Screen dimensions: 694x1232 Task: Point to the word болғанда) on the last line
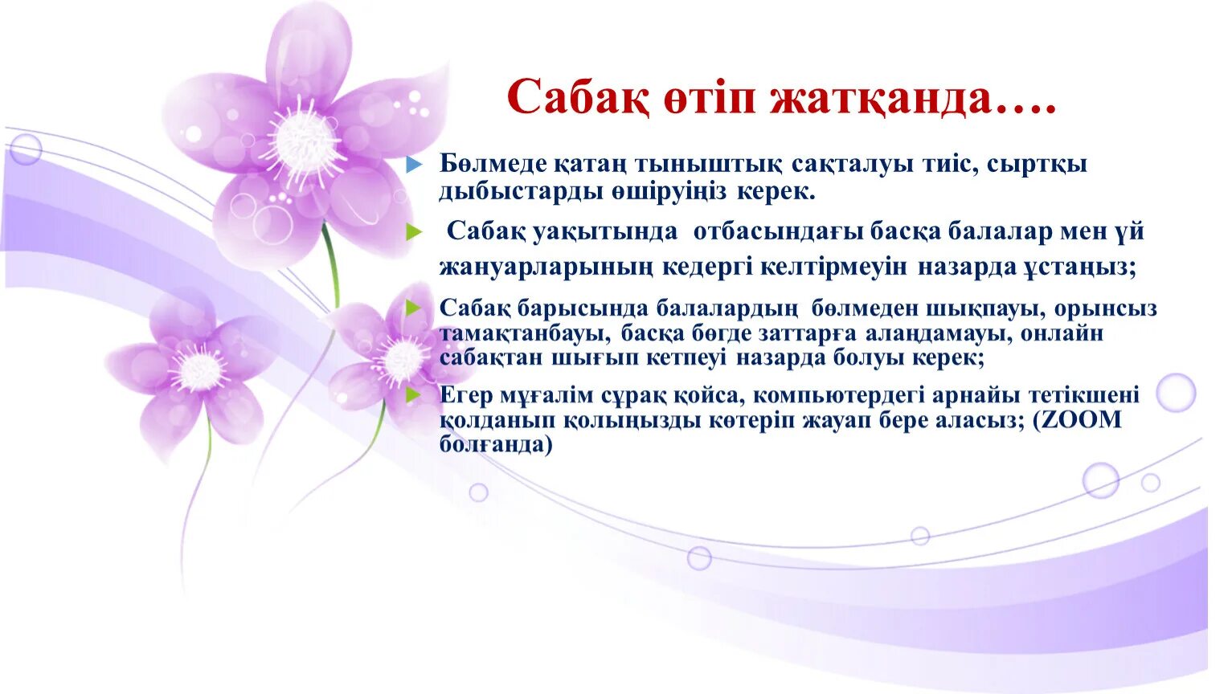pyautogui.click(x=496, y=444)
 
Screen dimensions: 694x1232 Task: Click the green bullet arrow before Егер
pyautogui.click(x=414, y=394)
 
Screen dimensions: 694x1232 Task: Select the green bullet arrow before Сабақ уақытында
pyautogui.click(x=414, y=233)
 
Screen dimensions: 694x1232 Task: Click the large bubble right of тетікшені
pyautogui.click(x=1175, y=393)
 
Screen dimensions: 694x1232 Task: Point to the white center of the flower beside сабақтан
pyautogui.click(x=402, y=360)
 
